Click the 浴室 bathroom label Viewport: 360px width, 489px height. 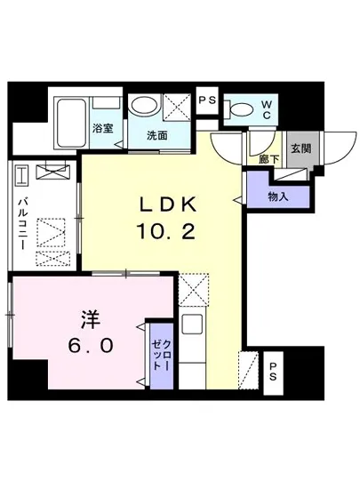pyautogui.click(x=102, y=129)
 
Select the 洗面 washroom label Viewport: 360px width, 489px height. pyautogui.click(x=158, y=135)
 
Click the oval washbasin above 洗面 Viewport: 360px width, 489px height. pyautogui.click(x=141, y=107)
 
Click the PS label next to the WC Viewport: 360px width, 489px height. pyautogui.click(x=209, y=101)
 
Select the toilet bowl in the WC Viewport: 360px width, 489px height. pyautogui.click(x=239, y=109)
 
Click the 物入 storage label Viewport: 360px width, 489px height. pyautogui.click(x=277, y=196)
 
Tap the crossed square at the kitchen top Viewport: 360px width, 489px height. pyautogui.click(x=193, y=289)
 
